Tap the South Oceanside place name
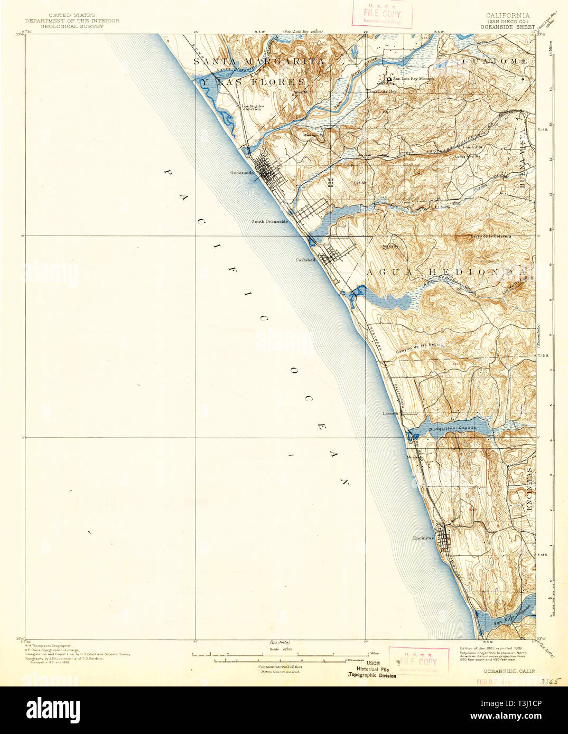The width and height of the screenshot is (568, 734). click(x=269, y=221)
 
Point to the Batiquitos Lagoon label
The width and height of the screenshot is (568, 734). click(x=452, y=428)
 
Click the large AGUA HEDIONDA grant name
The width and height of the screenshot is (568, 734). click(x=446, y=271)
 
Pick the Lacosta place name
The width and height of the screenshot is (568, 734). click(x=390, y=413)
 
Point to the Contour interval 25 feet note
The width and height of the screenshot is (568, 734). click(x=276, y=667)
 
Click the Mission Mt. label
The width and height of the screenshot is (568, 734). click(x=313, y=135)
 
